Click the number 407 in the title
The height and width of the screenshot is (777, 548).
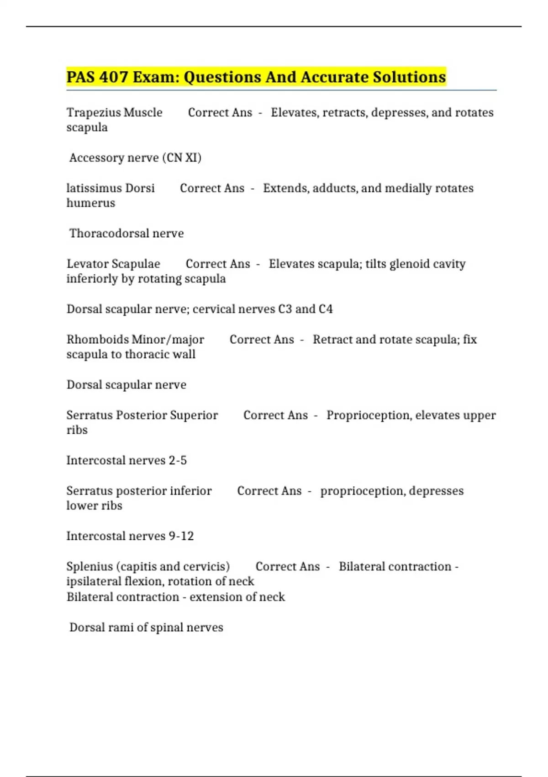114,77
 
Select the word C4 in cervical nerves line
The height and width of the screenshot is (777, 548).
326,309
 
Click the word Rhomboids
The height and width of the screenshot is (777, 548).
97,339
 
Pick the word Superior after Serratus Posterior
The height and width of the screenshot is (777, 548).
194,415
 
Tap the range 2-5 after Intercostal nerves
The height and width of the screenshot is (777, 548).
178,460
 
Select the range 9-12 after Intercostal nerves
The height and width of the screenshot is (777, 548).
181,536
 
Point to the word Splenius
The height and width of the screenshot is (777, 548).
90,566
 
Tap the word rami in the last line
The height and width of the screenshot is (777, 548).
120,627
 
